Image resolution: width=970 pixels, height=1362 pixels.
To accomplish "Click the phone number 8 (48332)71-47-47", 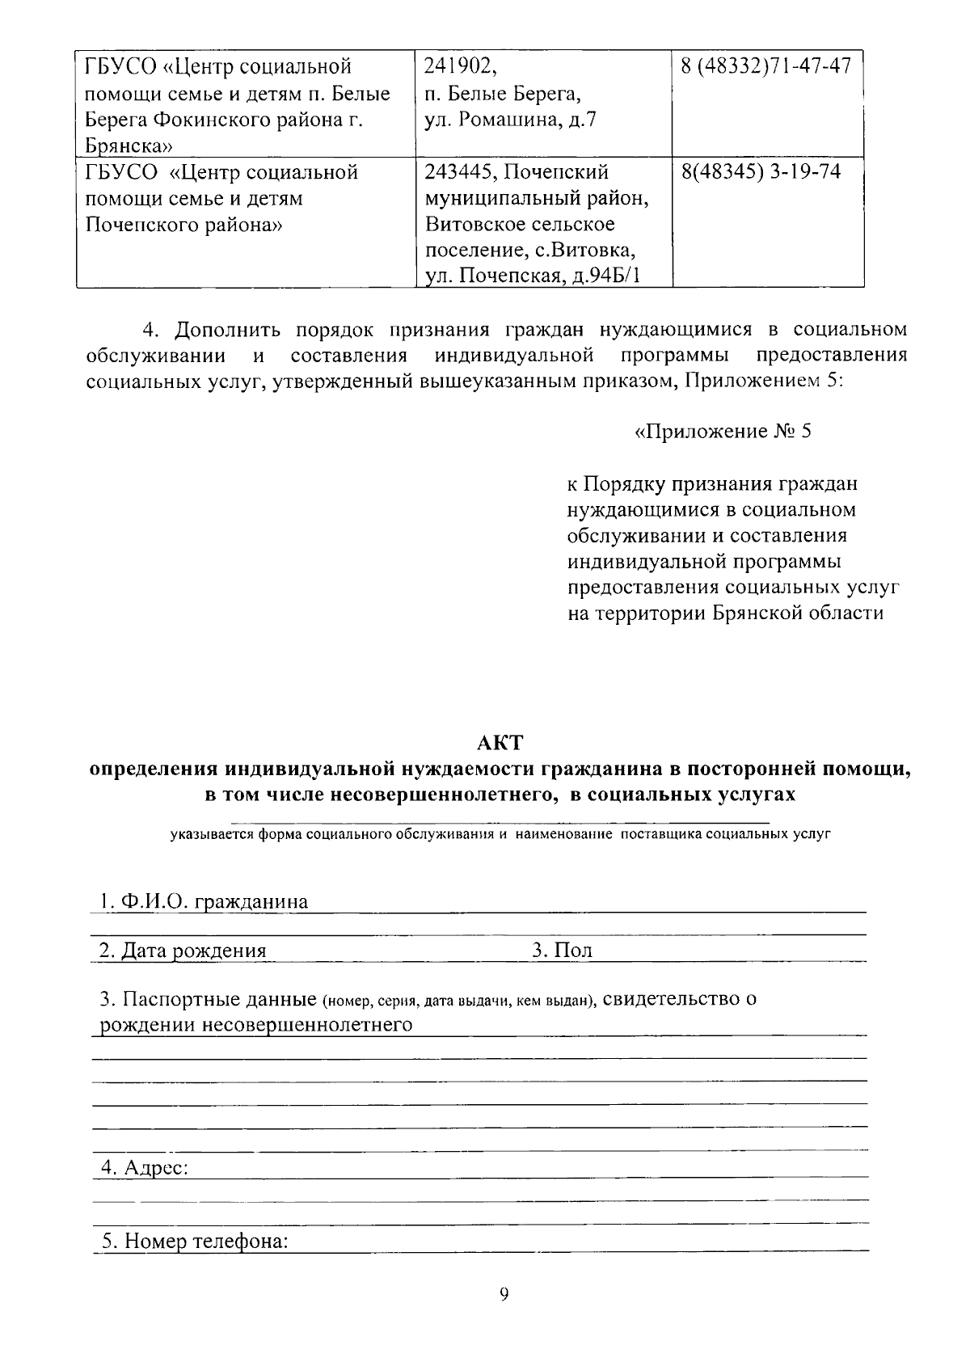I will (x=766, y=66).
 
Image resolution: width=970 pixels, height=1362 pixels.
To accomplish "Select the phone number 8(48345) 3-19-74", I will (x=761, y=172).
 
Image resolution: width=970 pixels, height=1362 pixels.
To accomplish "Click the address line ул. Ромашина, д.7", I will (x=511, y=120).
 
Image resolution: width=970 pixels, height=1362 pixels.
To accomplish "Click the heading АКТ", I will (x=500, y=741).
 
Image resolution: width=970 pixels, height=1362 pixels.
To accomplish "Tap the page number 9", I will (x=504, y=1294).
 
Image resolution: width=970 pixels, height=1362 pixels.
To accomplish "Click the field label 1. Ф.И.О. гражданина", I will (x=204, y=901).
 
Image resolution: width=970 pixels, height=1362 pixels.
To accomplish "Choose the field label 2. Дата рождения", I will (x=183, y=951).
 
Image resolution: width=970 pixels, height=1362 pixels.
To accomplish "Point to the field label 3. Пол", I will (x=562, y=951).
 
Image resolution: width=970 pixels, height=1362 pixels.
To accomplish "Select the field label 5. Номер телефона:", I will (x=194, y=1242).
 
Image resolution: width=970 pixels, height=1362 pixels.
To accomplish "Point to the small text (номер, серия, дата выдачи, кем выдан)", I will (x=458, y=1001).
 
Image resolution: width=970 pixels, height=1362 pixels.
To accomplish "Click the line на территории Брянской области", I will (x=725, y=614).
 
